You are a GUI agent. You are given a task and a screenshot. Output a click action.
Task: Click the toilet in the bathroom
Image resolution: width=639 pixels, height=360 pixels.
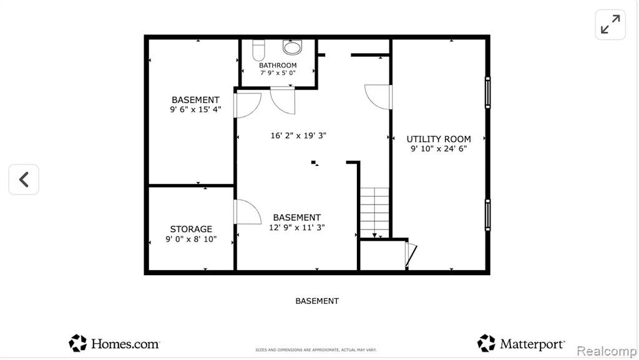[258, 50]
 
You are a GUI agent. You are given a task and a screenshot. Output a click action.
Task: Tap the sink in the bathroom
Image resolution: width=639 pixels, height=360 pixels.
[293, 47]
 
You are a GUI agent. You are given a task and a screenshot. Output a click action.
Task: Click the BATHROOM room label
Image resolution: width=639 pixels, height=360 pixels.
[278, 65]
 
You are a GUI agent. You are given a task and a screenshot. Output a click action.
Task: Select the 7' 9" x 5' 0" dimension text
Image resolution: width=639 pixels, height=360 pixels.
[278, 73]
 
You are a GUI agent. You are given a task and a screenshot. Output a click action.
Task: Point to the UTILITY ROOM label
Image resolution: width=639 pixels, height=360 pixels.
[439, 139]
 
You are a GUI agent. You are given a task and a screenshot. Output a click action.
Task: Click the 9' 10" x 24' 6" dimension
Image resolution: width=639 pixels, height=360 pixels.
[439, 148]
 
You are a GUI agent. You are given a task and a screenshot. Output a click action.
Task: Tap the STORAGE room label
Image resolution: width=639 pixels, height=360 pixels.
[191, 229]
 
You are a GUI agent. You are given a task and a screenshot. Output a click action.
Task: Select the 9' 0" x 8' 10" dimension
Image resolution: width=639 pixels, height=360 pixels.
[191, 239]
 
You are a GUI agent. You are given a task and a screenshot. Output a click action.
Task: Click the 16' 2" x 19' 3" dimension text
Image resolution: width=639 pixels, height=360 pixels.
[298, 135]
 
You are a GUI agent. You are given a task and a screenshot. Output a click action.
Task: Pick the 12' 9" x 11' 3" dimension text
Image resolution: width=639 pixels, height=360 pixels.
[296, 227]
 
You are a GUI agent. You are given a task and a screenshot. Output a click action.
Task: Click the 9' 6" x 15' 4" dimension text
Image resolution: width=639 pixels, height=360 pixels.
[195, 109]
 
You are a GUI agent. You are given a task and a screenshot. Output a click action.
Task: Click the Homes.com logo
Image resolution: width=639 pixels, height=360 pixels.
[114, 343]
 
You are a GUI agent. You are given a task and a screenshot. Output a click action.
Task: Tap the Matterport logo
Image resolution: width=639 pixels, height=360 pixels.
[521, 343]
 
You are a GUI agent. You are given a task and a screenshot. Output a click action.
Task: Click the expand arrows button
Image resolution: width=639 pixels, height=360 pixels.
[610, 24]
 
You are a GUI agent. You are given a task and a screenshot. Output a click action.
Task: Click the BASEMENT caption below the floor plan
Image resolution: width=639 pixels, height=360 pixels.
[317, 301]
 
